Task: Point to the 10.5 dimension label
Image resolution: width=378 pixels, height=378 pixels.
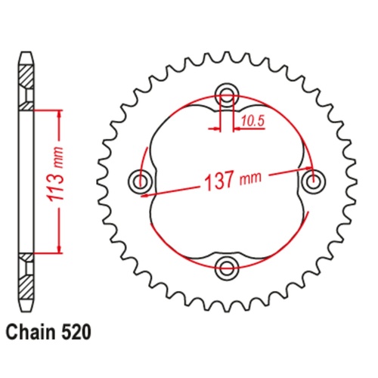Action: [x=254, y=119]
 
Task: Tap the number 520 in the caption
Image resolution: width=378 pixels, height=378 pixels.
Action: [x=78, y=331]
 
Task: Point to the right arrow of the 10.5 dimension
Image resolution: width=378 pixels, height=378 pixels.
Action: [x=235, y=128]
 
